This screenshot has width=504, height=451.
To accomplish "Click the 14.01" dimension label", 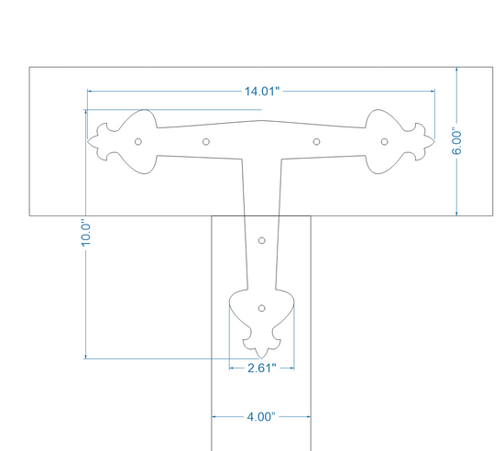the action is [x=262, y=92].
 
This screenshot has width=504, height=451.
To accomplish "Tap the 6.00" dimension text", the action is [x=456, y=143].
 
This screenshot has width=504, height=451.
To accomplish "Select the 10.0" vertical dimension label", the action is [x=86, y=234].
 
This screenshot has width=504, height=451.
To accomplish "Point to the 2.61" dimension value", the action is [x=262, y=368].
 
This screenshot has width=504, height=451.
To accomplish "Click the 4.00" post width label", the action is [x=261, y=417].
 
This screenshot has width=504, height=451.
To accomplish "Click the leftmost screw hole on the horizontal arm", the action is [x=138, y=142].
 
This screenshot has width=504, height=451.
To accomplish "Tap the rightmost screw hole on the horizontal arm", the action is [x=385, y=142].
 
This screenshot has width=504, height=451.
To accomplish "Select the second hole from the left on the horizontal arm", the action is [x=206, y=142].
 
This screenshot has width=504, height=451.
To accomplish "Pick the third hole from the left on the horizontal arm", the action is [x=317, y=142].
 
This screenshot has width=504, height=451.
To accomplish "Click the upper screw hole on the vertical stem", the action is [x=262, y=240].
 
